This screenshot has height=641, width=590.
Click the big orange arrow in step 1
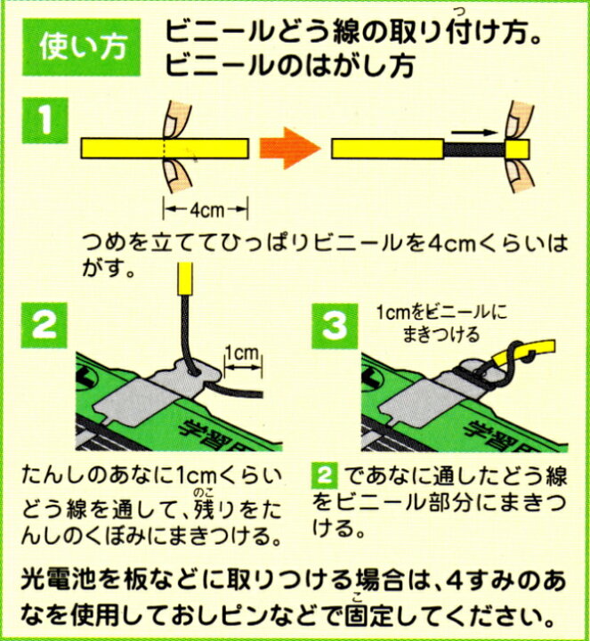tap(287, 146)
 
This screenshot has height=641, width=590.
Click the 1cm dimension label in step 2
tap(240, 354)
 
